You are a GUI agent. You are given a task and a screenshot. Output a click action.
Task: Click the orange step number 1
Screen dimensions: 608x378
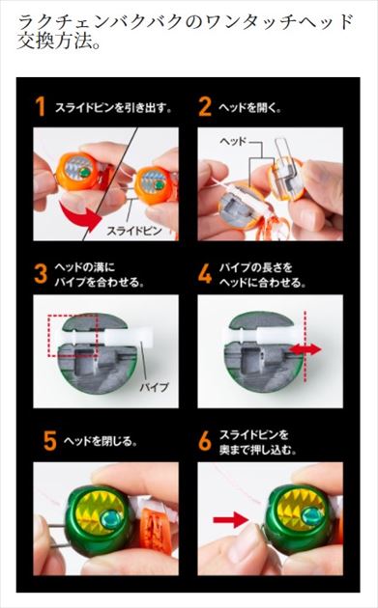[41, 107]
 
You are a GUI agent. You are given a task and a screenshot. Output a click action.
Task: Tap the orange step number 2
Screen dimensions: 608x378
[204, 107]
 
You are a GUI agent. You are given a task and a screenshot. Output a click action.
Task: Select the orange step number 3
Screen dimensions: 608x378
[41, 273]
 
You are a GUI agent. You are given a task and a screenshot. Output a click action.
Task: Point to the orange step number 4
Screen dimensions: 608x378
[204, 273]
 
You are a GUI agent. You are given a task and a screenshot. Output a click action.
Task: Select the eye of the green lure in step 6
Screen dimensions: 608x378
[311, 517]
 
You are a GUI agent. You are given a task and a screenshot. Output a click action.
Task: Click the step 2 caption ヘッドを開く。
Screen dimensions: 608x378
[251, 108]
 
